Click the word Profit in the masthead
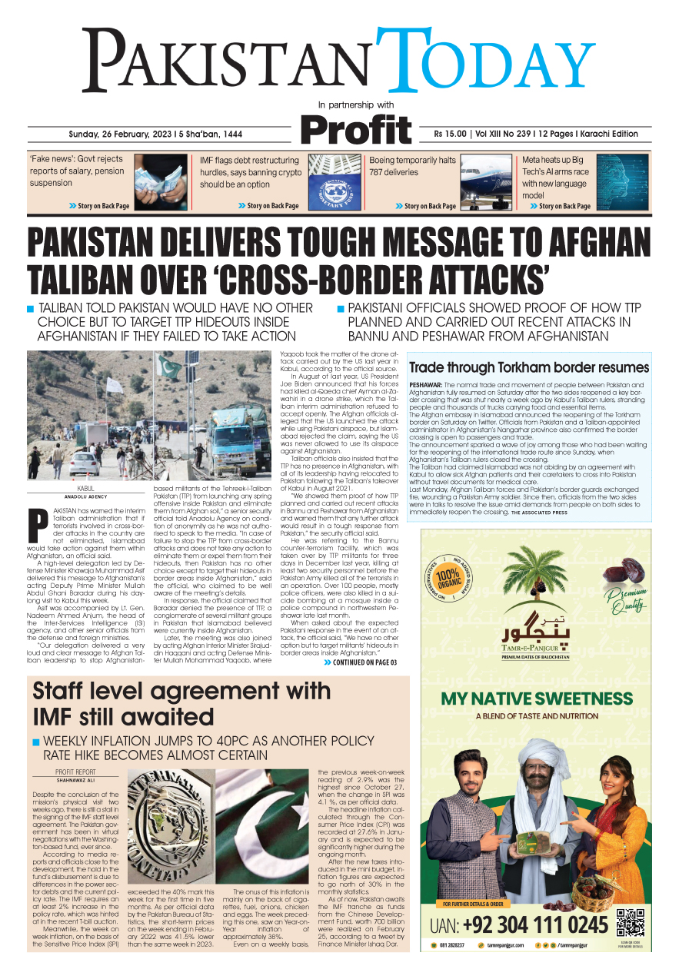[355, 128]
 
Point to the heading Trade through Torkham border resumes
[529, 368]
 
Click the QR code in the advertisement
[630, 921]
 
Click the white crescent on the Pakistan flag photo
[261, 815]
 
